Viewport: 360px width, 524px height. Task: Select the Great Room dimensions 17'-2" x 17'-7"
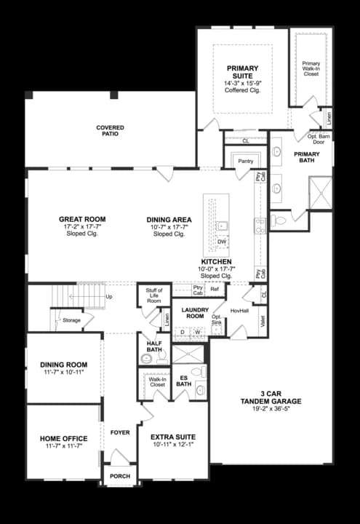(82, 227)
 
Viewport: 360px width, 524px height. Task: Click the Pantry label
(246, 160)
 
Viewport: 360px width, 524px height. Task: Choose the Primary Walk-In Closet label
(311, 68)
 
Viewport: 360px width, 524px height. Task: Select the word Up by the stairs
(109, 297)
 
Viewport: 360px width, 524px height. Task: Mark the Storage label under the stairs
(71, 319)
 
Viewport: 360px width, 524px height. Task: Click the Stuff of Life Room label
(153, 295)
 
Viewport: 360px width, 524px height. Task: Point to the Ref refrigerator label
(215, 290)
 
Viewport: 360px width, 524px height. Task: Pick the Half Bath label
(153, 346)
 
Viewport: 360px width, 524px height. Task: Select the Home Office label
(64, 438)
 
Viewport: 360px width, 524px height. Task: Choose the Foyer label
(120, 432)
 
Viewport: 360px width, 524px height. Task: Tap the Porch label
(119, 477)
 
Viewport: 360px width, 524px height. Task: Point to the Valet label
(263, 317)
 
